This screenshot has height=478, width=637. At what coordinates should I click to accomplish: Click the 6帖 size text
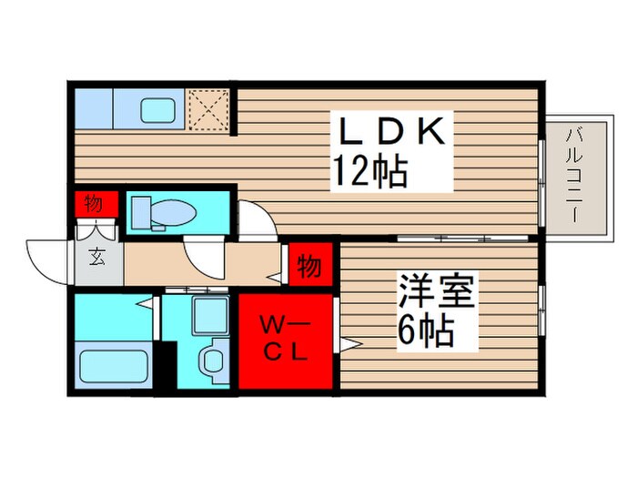(424, 332)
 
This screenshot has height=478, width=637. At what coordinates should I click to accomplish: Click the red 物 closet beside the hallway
(308, 267)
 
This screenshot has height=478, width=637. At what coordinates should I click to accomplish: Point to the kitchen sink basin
(163, 110)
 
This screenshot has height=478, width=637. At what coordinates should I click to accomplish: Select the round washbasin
(215, 359)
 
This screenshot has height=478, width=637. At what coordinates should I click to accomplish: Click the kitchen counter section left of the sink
(92, 110)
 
